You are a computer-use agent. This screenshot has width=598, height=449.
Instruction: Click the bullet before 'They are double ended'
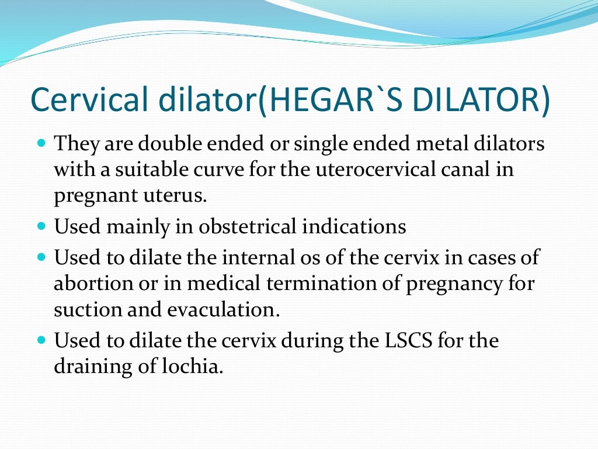[41, 143]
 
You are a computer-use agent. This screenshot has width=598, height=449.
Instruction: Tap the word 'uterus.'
[179, 196]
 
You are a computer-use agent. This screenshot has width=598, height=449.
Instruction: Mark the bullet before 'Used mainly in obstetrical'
[41, 226]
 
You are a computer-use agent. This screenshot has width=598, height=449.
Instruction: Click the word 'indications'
[354, 226]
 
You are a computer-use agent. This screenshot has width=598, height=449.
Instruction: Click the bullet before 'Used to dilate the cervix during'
[41, 339]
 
